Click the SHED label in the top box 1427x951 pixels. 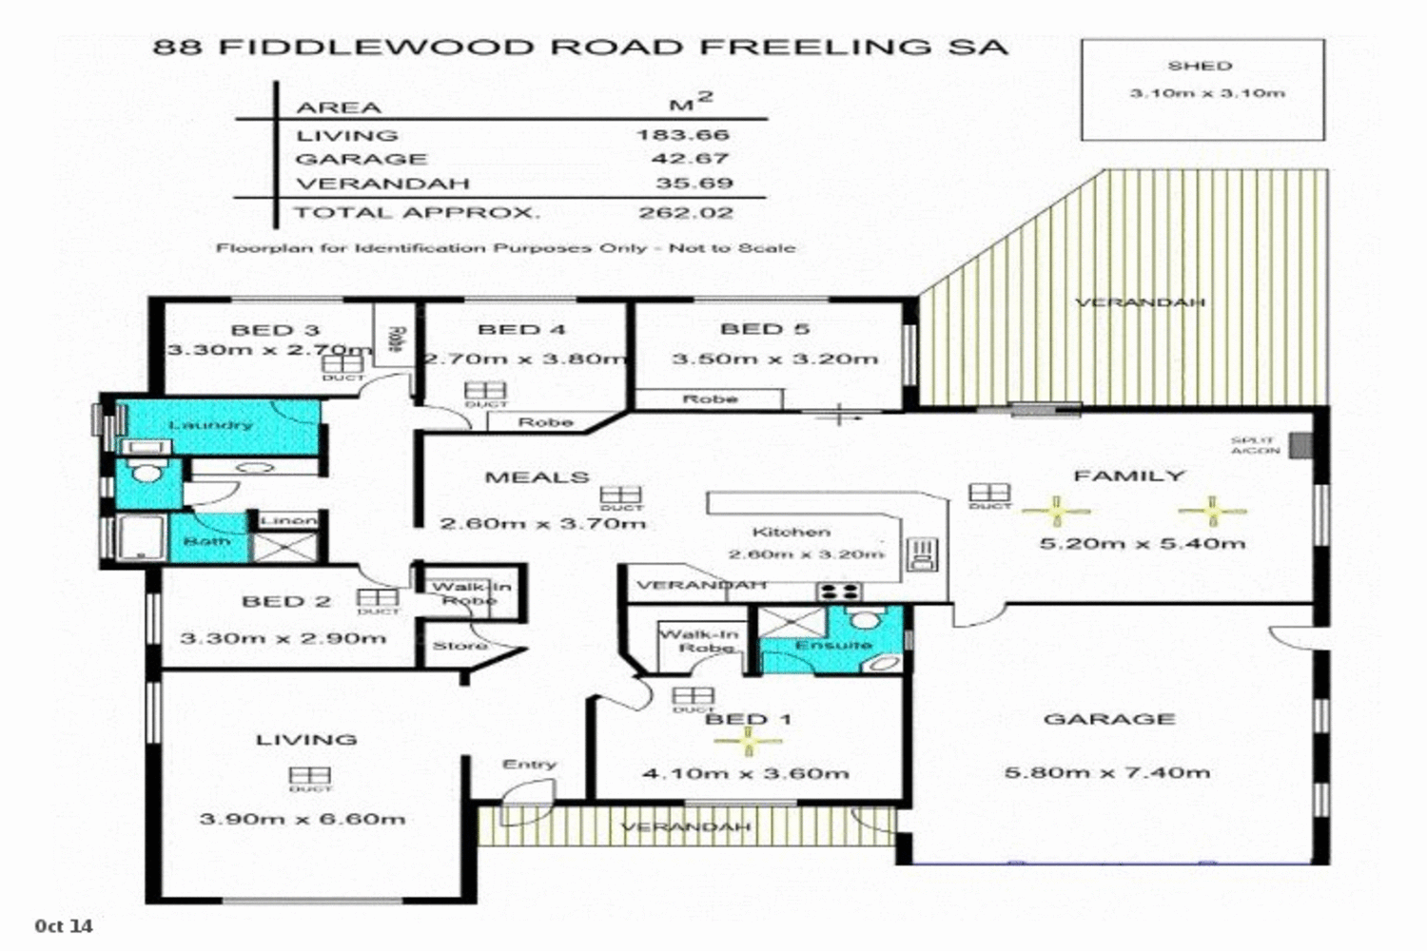pos(1200,66)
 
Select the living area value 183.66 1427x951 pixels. pos(683,135)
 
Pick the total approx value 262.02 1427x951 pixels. pos(685,212)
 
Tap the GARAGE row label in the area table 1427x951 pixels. pos(362,159)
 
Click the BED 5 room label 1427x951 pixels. pos(765,329)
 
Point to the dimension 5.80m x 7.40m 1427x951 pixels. pos(1107,772)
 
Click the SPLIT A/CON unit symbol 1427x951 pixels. pos(1300,445)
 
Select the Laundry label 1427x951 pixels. pos(210,424)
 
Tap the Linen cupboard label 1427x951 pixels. pos(288,520)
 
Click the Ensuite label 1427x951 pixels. pos(833,645)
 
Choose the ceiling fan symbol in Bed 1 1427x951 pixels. pos(749,739)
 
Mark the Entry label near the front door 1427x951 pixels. pos(529,764)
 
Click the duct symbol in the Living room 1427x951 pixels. pos(309,777)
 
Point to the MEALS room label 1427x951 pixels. pos(537,476)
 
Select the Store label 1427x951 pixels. pos(460,646)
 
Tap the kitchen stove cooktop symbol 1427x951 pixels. pos(839,592)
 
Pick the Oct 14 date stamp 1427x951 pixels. pos(64,925)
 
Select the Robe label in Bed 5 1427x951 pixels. pos(710,398)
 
